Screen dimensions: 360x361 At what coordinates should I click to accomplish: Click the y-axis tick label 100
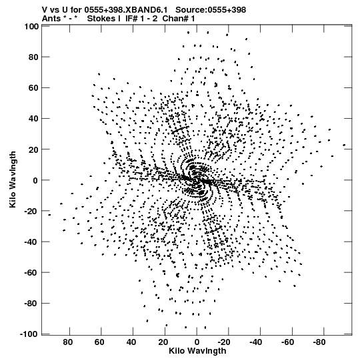pos(31,27)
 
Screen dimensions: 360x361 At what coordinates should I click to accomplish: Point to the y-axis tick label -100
pos(29,334)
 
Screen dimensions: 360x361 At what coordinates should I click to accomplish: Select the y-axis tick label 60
pos(33,87)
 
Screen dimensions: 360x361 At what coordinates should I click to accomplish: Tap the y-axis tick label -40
pos(31,242)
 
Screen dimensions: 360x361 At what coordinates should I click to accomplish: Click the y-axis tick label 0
pos(35,180)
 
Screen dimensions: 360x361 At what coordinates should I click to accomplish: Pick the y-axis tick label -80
pos(31,304)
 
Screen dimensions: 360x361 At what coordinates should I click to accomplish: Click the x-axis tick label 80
pos(67,342)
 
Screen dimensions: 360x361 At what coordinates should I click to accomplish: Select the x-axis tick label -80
pos(319,342)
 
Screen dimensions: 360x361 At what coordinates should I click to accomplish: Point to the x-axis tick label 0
pos(197,342)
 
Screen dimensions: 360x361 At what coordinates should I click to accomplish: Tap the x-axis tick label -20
pos(224,342)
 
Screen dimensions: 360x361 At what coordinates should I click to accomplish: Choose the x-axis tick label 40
pos(131,342)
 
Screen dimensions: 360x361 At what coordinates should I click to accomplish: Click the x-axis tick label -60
pos(287,342)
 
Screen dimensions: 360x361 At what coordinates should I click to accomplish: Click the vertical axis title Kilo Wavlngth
pos(13,179)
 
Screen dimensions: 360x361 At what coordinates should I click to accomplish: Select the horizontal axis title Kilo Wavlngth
pos(197,351)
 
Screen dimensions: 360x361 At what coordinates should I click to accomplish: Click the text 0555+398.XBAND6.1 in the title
pos(126,10)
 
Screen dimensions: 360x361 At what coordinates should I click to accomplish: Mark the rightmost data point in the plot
pos(344,145)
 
